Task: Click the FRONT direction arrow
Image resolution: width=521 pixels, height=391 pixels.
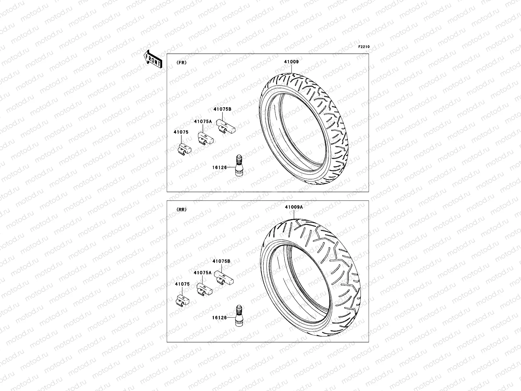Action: coord(153,59)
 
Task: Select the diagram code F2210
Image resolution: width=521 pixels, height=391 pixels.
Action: coord(364,47)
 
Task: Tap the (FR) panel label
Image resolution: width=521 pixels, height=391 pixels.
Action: coord(181,63)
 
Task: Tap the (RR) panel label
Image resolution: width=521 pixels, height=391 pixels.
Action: coord(181,210)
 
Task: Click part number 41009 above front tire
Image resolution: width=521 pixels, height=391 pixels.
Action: coord(291,62)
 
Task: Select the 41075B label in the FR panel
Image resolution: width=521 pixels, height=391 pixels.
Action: coord(222,109)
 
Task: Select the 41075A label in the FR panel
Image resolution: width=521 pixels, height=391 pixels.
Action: coord(203,122)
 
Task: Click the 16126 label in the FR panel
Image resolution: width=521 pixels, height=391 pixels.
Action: coord(219,167)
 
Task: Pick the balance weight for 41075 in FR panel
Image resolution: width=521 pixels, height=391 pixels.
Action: coord(184,149)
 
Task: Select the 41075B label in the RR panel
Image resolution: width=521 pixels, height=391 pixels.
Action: coord(221,261)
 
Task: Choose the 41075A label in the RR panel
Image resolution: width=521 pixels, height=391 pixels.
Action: coord(202,272)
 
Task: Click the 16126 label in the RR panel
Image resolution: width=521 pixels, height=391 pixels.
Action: coord(219,317)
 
